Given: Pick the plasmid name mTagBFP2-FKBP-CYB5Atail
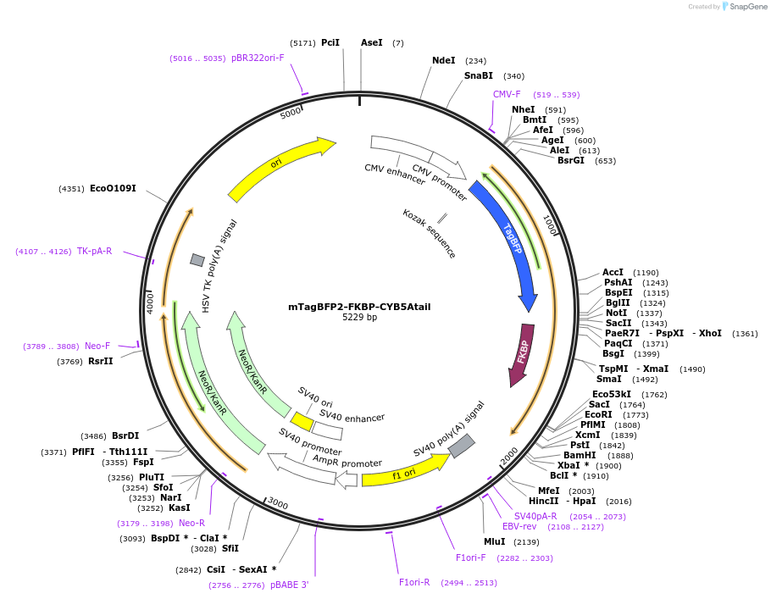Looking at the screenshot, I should (359, 307).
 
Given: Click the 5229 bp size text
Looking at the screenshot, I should (359, 318).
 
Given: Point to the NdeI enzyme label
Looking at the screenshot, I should (443, 61).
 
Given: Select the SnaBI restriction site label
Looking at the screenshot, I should (478, 76).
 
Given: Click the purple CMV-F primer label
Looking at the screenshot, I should (507, 95).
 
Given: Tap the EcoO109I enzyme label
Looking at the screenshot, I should (113, 188).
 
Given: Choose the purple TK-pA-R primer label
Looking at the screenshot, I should (94, 252).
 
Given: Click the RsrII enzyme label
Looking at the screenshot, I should (100, 362).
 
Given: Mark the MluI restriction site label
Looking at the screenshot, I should (494, 542).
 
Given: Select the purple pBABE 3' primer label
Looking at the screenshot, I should (290, 585).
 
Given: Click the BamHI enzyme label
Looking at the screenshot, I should (580, 456).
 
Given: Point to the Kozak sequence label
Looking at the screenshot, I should (430, 234).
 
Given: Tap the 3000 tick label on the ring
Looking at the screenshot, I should (278, 503).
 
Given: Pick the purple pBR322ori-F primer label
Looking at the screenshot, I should (258, 58).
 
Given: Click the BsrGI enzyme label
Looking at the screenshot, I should (570, 161).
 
